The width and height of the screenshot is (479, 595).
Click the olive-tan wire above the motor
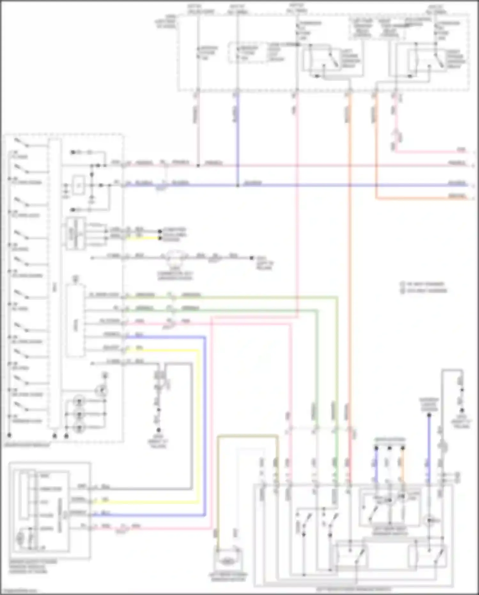pos(248,436)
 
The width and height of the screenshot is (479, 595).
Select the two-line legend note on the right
pos(423,287)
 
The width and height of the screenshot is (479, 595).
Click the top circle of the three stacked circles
pos(79,401)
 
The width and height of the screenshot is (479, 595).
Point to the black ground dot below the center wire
pos(158,430)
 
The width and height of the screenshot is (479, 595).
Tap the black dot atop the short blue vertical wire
pos(429,415)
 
